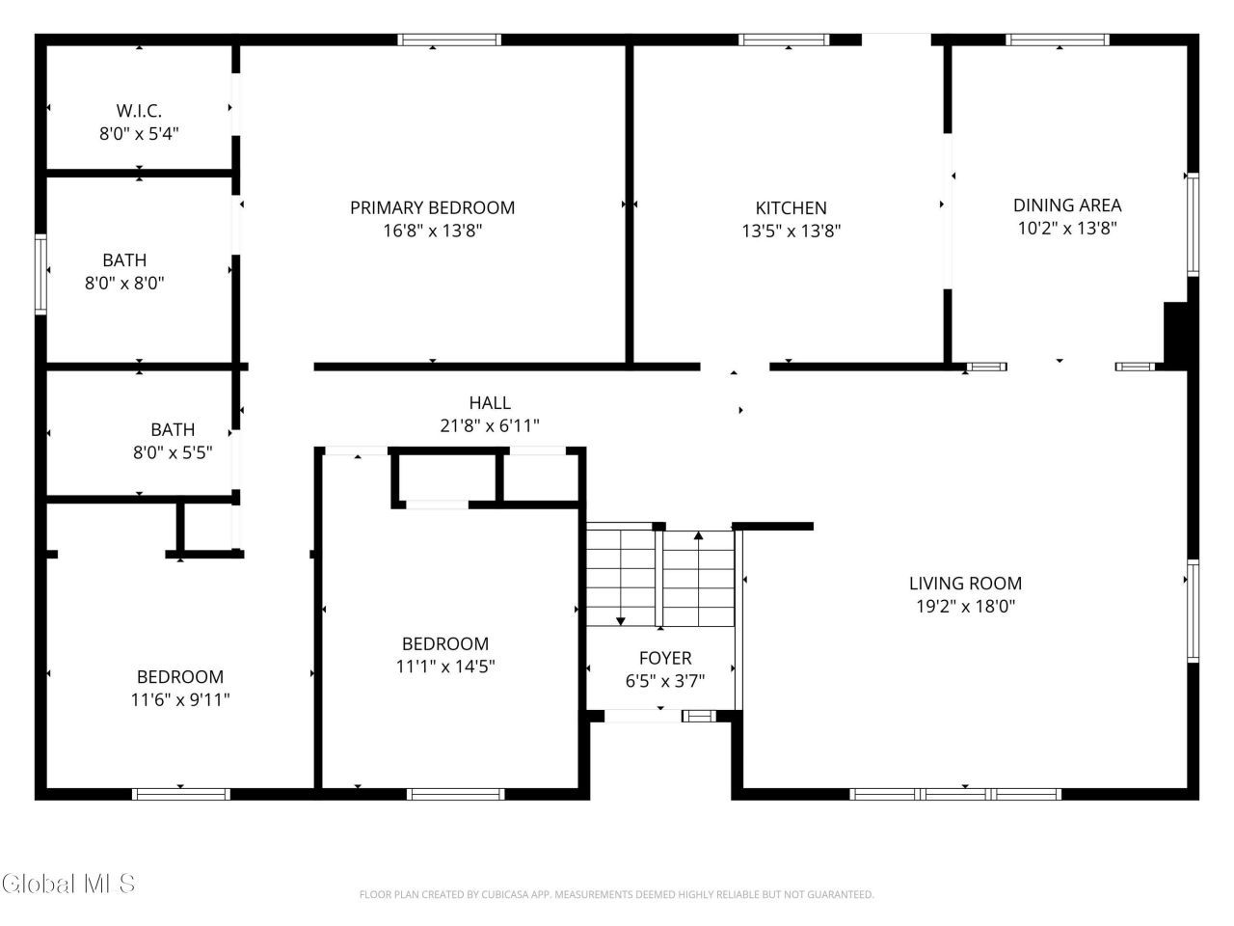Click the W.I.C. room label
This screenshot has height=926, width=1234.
(x=139, y=110)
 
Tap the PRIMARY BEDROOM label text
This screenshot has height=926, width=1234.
(x=432, y=207)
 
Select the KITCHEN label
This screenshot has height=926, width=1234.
(x=791, y=208)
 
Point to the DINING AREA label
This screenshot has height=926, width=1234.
(x=1067, y=205)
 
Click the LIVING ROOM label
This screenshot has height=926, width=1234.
(x=965, y=583)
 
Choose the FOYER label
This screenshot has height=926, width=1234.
(x=665, y=658)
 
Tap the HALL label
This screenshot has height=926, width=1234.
(x=490, y=402)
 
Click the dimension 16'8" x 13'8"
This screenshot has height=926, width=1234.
(x=432, y=231)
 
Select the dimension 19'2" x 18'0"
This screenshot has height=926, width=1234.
(x=965, y=606)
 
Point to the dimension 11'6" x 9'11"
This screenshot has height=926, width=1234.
(x=180, y=699)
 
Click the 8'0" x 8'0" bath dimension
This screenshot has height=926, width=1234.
(x=124, y=283)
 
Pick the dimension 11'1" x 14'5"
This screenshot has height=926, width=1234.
(x=445, y=667)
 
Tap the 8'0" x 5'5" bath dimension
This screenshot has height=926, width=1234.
(x=173, y=452)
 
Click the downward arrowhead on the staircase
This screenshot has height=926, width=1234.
(x=621, y=621)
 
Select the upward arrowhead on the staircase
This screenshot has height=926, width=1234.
(x=698, y=535)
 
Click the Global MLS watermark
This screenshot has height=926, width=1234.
(x=68, y=884)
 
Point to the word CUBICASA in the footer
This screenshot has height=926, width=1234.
(x=505, y=894)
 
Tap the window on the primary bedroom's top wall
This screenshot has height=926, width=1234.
(x=449, y=40)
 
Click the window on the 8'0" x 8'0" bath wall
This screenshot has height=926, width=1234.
(x=40, y=274)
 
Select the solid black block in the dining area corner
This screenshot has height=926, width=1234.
(x=1175, y=336)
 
